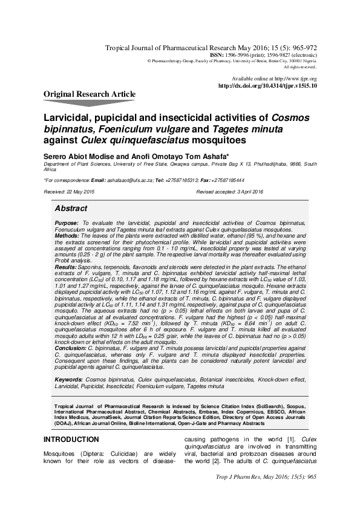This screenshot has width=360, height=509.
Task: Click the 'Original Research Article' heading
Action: [90, 94]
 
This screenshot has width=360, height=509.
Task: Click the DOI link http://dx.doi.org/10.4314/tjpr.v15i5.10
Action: [267, 86]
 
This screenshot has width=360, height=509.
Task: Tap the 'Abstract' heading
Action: [71, 208]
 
